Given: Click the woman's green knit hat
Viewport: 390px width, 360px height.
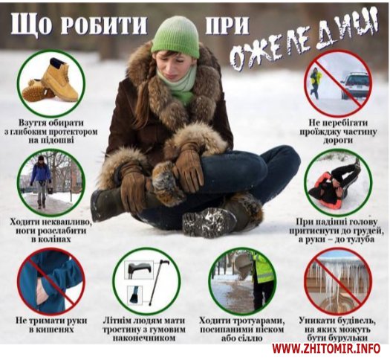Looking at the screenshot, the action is click(x=175, y=37).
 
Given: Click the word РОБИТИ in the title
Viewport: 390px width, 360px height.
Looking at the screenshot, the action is click(x=104, y=25).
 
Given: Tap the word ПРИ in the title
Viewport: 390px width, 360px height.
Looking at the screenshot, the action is click(x=227, y=25).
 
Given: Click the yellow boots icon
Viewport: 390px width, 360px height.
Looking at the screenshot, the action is click(x=51, y=81).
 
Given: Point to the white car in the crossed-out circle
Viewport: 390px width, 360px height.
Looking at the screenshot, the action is click(x=354, y=85).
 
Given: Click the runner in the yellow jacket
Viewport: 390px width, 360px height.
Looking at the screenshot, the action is click(x=315, y=82).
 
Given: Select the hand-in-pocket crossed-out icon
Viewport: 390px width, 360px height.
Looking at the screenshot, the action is click(x=51, y=281).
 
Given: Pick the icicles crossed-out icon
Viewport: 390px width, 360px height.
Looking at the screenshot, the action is click(x=338, y=281).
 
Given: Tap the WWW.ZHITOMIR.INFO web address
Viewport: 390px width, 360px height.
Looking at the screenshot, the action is click(x=326, y=349).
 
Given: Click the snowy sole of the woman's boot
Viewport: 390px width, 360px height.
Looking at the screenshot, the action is click(x=209, y=223).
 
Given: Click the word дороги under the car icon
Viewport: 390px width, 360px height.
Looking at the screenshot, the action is click(x=338, y=140).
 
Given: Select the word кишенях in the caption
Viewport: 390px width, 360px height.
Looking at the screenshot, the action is click(x=51, y=330).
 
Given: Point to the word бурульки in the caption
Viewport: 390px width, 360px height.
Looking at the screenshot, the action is click(x=338, y=338).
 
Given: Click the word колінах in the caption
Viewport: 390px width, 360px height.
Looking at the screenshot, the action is click(x=52, y=239).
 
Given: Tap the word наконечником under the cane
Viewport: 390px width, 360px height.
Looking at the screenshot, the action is click(x=144, y=338).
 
